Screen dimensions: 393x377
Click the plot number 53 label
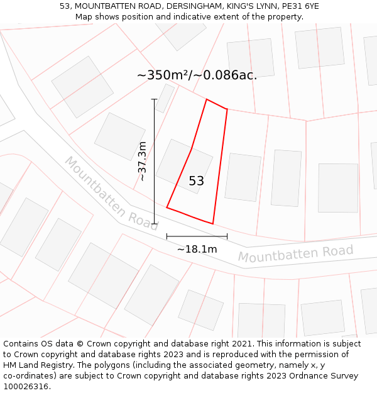(196, 181)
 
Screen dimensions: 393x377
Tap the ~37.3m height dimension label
(143, 162)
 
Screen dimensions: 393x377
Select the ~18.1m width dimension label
(197, 249)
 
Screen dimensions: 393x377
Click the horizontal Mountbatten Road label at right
(295, 254)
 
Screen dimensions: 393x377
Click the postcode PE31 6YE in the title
(300, 6)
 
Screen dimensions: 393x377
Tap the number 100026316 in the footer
(26, 387)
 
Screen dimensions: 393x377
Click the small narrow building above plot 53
(165, 98)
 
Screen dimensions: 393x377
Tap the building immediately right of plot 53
(243, 177)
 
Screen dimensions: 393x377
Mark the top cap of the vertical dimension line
(154, 99)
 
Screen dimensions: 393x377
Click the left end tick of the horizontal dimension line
(167, 236)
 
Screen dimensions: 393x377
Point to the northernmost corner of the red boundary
(207, 99)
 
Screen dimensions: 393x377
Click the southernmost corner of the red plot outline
(213, 223)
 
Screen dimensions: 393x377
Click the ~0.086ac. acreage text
(225, 75)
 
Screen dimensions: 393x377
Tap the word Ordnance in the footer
(319, 376)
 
